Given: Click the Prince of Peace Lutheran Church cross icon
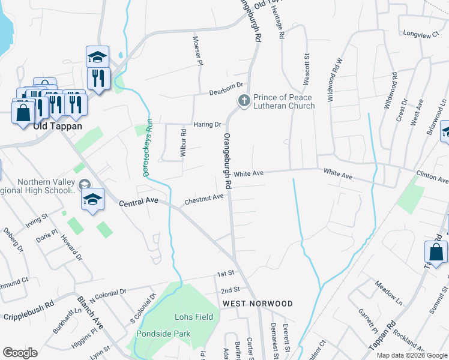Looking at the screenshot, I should click(x=244, y=101).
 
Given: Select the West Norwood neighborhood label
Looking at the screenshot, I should click(x=258, y=304).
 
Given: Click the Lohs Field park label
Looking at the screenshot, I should click(x=193, y=317).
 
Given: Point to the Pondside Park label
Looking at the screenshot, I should click(x=163, y=334).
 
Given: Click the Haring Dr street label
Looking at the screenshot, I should click(x=208, y=124).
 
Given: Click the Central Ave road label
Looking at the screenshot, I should click(x=138, y=203).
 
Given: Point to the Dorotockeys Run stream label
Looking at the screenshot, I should click(x=148, y=146).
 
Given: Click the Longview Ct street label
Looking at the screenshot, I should click(x=421, y=35).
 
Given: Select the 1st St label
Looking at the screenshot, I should click(x=225, y=274).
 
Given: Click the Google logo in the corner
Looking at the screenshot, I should click(x=20, y=353).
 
